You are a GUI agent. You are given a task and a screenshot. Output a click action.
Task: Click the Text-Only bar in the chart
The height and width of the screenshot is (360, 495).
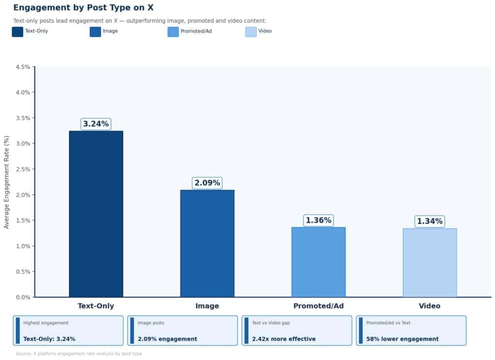(x=96, y=214)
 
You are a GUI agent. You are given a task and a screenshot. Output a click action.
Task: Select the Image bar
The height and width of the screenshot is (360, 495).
(x=207, y=243)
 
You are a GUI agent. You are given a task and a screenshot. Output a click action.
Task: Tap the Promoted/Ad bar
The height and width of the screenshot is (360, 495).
(x=318, y=262)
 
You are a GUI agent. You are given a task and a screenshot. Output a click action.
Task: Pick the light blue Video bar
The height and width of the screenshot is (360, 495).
(x=429, y=262)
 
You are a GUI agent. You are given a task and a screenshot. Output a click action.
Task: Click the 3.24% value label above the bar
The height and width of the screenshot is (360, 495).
(x=96, y=124)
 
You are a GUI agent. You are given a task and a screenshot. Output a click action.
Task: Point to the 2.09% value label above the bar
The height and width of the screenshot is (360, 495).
(x=207, y=183)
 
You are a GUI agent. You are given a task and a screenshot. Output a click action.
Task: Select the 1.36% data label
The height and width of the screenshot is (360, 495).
(x=318, y=221)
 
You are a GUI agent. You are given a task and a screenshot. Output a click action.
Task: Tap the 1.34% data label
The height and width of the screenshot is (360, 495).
(x=429, y=222)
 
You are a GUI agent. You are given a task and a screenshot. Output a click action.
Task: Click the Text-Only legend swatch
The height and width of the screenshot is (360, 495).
(x=17, y=31)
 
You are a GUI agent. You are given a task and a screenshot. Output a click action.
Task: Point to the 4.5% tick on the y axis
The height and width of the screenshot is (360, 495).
(x=23, y=67)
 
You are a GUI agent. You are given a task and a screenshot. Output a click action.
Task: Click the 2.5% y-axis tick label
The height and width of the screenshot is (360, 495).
(x=23, y=169)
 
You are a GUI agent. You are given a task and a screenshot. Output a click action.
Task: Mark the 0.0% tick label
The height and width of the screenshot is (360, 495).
(x=23, y=297)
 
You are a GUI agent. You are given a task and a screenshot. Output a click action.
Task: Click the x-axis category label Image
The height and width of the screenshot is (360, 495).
(x=207, y=306)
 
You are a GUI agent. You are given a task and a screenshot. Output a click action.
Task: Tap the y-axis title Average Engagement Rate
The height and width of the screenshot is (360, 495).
(x=7, y=182)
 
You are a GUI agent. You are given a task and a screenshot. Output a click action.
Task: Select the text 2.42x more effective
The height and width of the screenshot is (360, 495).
(x=284, y=339)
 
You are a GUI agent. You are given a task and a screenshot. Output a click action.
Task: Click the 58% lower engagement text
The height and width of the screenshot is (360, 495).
(x=402, y=339)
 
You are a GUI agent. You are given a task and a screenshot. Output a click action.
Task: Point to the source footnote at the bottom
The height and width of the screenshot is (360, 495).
(x=79, y=354)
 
